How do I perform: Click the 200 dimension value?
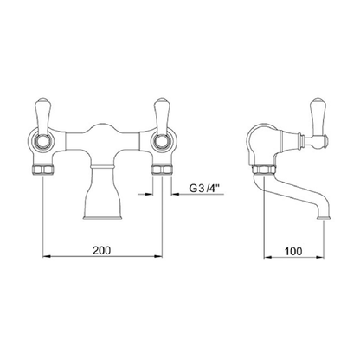101,250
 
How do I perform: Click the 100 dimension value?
293,251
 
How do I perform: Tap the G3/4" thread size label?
204,189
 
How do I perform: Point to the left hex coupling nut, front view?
42,170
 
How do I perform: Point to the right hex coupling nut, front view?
162,170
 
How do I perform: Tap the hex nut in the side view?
264,170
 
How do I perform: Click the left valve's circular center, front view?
42,141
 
